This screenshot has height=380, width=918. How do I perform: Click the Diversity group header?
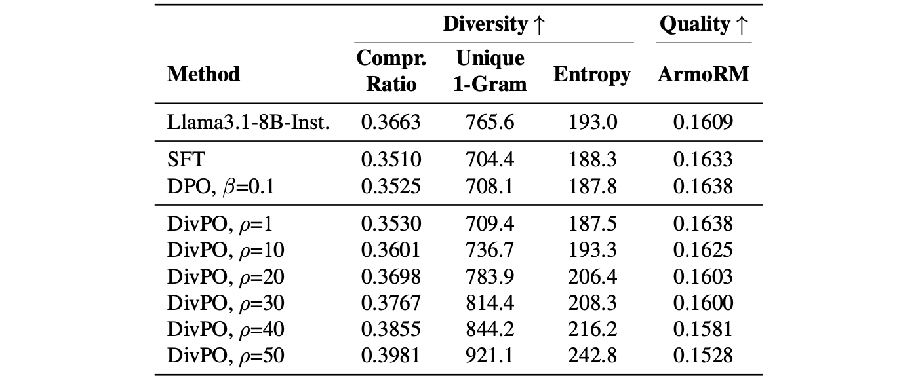coord(494,24)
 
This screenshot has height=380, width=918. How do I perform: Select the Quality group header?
coord(704,24)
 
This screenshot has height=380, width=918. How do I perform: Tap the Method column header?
coord(204,75)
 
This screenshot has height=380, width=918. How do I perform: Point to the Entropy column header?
coord(591,75)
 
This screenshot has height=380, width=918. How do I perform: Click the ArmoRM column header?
coord(703,75)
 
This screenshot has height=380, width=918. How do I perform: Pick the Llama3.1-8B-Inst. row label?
coord(249,122)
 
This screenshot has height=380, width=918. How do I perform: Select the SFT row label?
coord(186,159)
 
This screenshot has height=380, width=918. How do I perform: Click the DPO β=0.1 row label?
coord(220,187)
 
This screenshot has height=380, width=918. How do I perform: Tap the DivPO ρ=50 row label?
coord(226,355)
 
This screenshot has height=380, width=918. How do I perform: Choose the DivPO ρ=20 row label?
coord(226,276)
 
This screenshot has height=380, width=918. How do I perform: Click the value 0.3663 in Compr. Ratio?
coord(391,122)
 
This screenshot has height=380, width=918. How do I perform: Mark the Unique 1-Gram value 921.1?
coord(490,355)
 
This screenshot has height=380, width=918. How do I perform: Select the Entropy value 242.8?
coord(592,355)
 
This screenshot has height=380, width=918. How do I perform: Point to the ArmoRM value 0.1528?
coord(703,355)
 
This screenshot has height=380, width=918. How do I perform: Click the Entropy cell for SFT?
coord(592,159)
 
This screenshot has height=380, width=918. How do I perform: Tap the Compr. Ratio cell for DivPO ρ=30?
coord(391,303)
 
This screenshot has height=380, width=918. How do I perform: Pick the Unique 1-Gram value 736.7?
coord(490,250)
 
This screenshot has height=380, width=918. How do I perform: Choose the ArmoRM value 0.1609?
coord(703,122)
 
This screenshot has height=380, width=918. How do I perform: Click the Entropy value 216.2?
coord(592,329)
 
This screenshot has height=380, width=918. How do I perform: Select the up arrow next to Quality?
coord(742,25)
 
